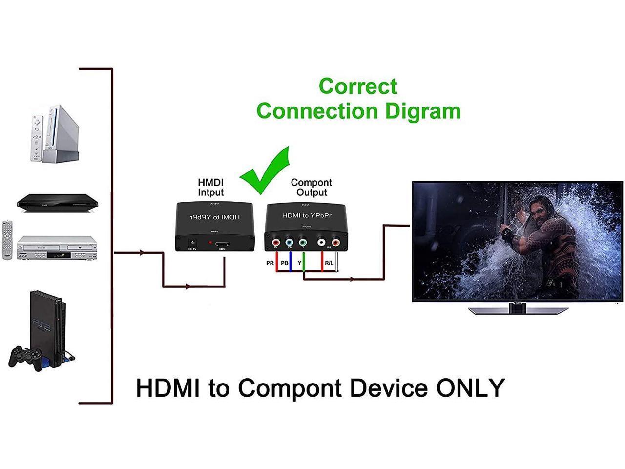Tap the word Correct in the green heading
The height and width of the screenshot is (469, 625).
tap(358, 86)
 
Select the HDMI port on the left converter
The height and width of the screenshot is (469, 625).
tap(222, 243)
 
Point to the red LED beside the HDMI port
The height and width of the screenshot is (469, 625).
tap(210, 242)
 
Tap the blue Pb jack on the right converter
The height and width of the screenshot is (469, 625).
tap(290, 242)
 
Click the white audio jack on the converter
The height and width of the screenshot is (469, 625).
tap(321, 242)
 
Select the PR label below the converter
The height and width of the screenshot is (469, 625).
tap(270, 263)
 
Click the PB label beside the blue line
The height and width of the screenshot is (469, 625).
tap(285, 263)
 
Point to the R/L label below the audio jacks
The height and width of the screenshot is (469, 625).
tap(329, 263)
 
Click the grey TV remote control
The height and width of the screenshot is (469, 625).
tap(7, 240)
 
